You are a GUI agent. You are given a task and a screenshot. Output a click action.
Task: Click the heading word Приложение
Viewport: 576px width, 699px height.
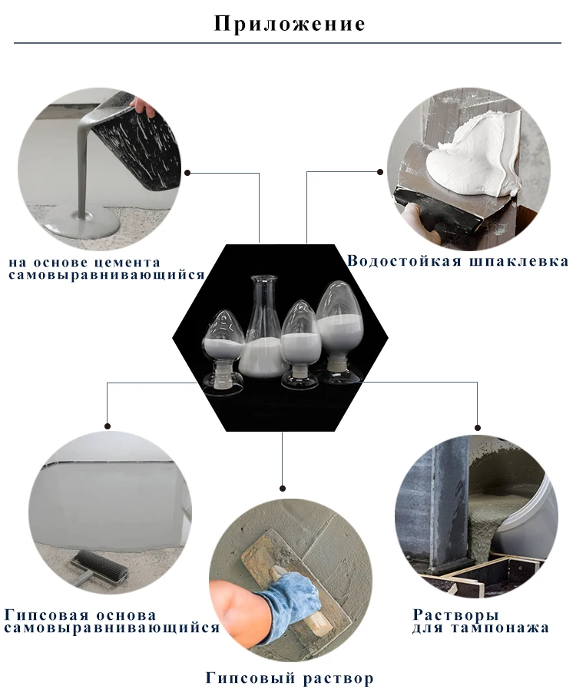(290, 24)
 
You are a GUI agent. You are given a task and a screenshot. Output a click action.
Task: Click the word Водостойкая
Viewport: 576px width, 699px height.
(404, 260)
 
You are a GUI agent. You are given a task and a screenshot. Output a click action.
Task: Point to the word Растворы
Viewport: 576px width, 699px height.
(455, 615)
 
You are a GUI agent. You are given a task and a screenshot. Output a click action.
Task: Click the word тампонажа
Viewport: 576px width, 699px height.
(499, 628)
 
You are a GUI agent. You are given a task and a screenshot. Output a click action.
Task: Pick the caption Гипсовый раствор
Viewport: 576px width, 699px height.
(290, 678)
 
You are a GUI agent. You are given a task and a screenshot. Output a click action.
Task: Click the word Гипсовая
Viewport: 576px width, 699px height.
(46, 615)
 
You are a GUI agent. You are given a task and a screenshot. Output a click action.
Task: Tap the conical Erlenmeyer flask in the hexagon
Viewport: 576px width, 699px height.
(263, 329)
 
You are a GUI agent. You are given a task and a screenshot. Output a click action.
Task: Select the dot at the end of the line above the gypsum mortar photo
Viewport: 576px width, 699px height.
(282, 489)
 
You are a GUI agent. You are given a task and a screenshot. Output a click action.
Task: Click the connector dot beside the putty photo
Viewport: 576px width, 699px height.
(380, 172)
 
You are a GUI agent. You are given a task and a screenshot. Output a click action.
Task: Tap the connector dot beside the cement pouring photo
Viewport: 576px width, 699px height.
(187, 173)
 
